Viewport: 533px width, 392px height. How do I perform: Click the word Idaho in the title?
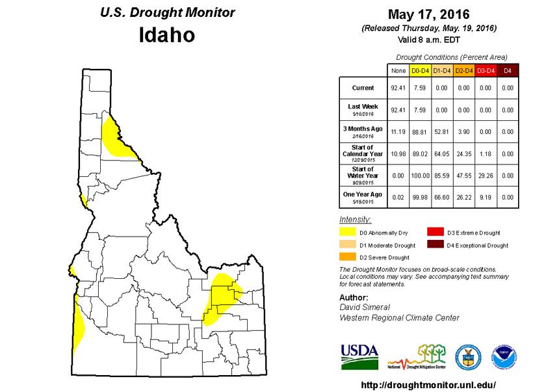coord(167,35)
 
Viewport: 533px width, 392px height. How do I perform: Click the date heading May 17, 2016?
coord(428,14)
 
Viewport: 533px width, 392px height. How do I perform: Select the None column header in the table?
coord(398,70)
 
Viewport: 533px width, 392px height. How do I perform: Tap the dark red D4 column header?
coord(508,70)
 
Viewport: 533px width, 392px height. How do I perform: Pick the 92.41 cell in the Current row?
coord(398,88)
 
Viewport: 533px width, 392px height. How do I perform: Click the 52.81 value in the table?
coord(442,131)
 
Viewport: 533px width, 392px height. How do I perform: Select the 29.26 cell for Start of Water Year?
coord(486,175)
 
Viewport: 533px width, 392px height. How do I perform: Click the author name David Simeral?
coord(365,307)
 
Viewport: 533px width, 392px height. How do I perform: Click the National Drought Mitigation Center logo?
coord(417,358)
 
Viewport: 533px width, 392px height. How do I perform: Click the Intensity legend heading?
coord(355,219)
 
